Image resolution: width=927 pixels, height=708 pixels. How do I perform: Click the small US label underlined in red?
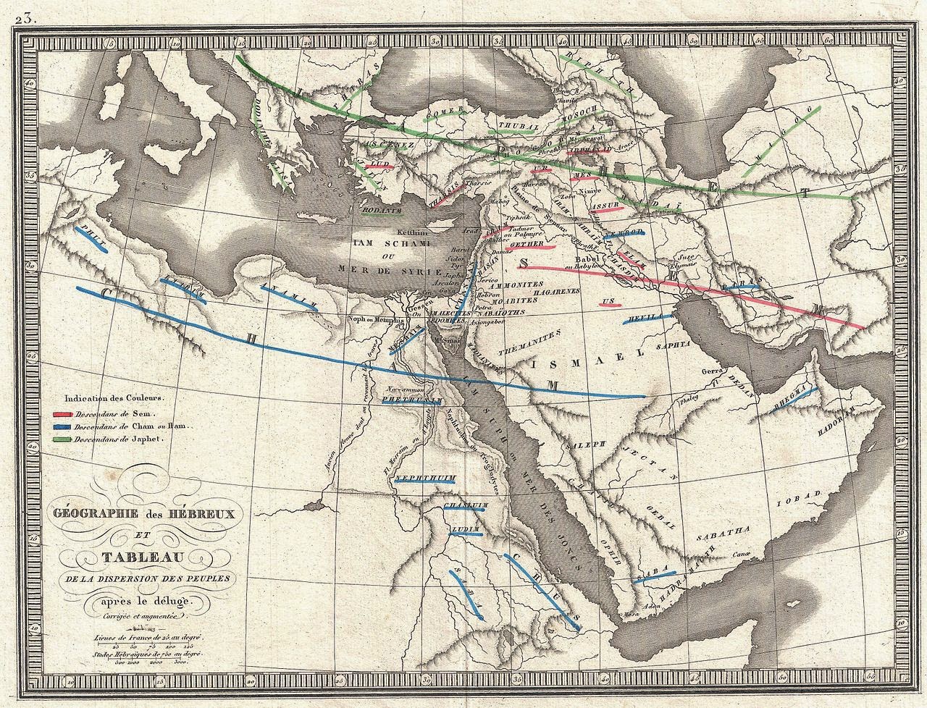[609, 300]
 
